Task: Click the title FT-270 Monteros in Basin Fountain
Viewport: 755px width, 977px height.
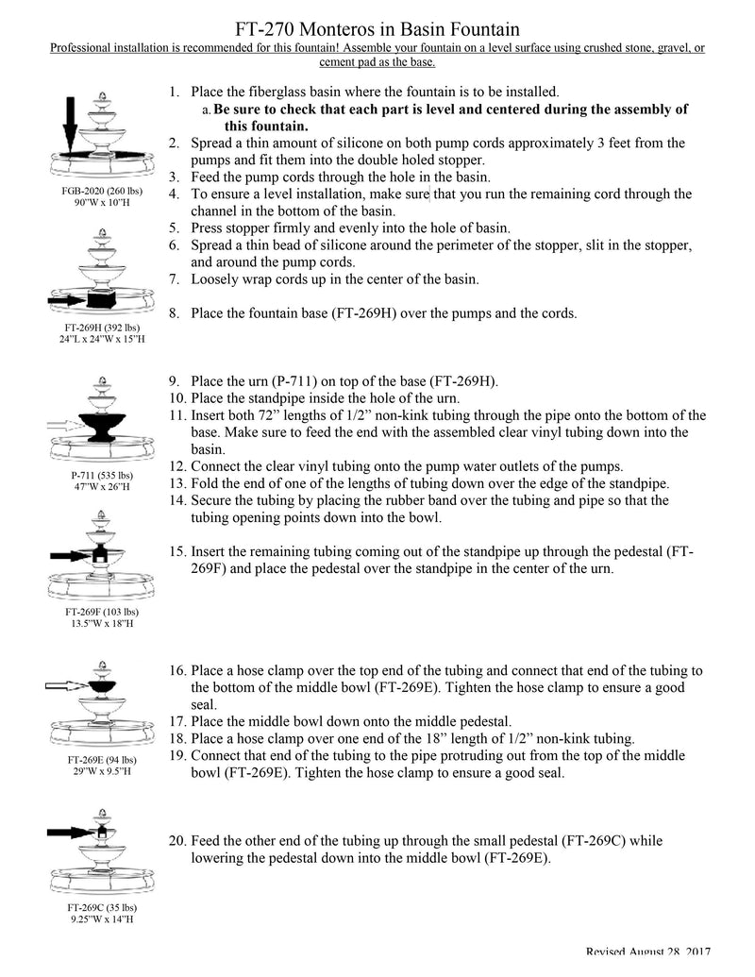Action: (x=377, y=31)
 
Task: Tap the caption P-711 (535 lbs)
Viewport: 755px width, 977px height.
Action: (x=99, y=475)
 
